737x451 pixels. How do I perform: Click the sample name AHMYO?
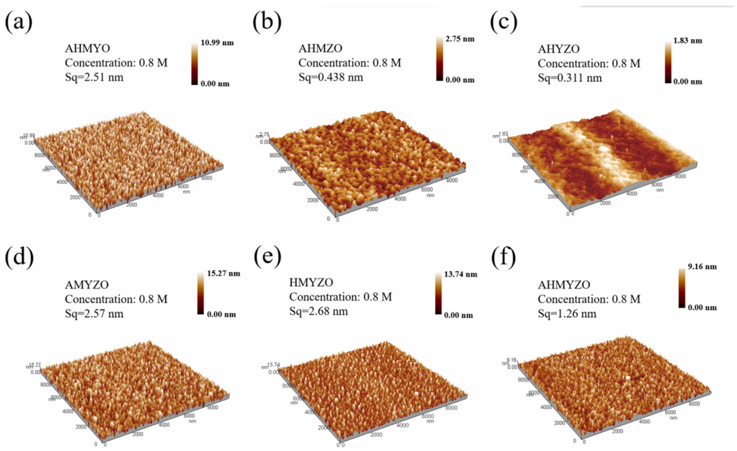[87, 48]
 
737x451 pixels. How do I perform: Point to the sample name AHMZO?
[320, 48]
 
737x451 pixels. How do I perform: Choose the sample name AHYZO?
[559, 49]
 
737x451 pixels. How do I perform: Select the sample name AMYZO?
[87, 285]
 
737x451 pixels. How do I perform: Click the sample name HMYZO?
[311, 282]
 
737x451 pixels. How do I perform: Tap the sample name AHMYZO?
[564, 285]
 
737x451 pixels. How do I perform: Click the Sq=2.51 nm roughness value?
[94, 77]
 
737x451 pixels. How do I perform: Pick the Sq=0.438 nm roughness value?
[331, 77]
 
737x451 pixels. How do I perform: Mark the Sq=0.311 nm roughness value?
[570, 78]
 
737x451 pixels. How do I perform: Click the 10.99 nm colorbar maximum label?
[217, 43]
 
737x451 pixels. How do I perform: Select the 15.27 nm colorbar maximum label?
[223, 273]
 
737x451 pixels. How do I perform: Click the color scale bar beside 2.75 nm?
[439, 58]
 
